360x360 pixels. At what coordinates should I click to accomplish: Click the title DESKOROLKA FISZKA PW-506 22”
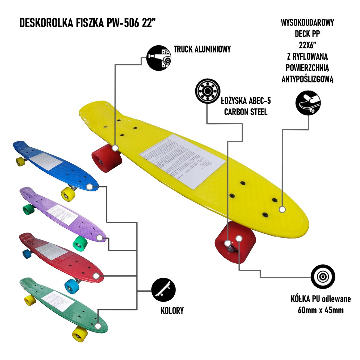point(88,23)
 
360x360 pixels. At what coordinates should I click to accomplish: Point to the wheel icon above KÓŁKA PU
point(323,277)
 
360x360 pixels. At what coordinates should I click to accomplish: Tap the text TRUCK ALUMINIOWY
point(202,49)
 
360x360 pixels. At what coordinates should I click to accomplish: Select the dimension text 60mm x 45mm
point(320,310)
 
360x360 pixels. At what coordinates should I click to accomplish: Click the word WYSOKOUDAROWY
point(307,23)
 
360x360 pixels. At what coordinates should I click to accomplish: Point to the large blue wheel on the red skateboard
point(72,286)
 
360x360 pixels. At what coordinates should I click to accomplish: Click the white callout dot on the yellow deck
point(282,209)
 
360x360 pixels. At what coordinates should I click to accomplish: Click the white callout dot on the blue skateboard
point(89,187)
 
